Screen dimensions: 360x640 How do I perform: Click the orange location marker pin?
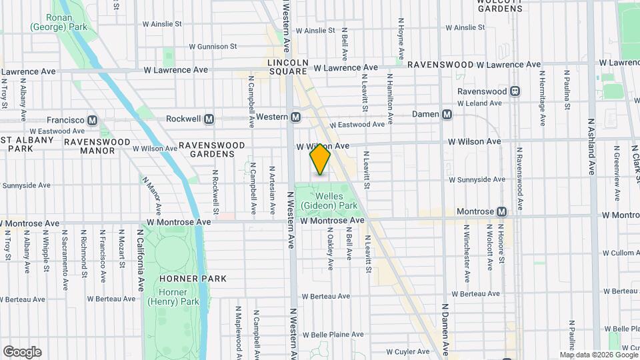point(320,159)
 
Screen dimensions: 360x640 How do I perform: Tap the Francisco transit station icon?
point(93,120)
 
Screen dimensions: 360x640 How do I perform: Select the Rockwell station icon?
point(209,119)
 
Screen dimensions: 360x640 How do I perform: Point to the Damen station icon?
point(447,115)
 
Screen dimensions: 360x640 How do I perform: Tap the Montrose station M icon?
point(502,211)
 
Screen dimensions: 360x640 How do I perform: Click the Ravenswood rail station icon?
point(515,91)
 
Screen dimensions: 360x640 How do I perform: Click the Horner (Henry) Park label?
point(179,297)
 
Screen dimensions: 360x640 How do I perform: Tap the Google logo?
point(21,352)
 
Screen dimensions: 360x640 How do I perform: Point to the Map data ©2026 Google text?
point(598,355)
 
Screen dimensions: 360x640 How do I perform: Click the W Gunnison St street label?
point(213,47)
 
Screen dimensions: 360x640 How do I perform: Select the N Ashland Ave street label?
point(591,145)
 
